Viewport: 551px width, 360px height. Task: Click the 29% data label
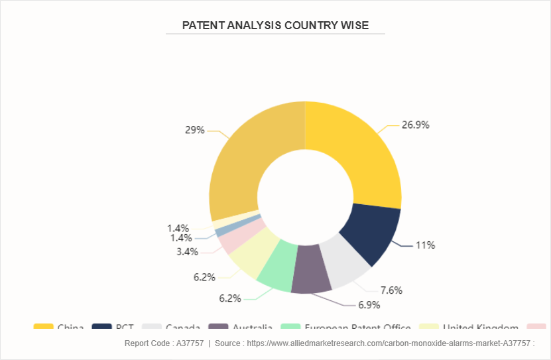click(194, 130)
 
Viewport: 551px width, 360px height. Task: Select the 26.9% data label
click(416, 125)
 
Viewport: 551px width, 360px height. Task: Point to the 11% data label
click(425, 245)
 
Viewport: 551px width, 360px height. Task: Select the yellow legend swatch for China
click(44, 328)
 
